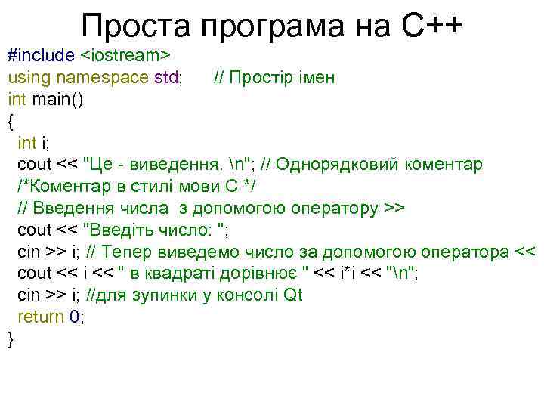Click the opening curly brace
click(x=11, y=121)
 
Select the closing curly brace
click(x=11, y=338)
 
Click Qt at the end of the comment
click(x=292, y=295)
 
